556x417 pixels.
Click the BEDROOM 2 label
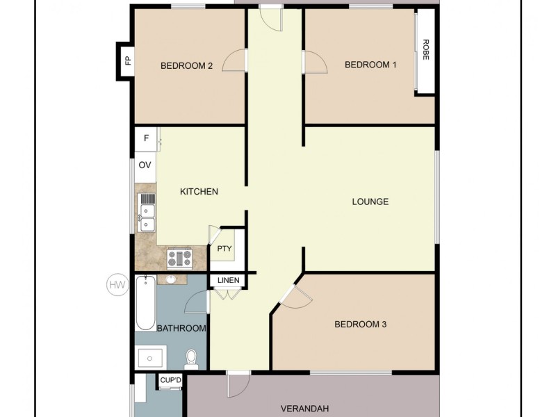click(186, 66)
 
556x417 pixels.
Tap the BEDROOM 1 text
click(370, 65)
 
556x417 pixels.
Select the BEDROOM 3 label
click(360, 324)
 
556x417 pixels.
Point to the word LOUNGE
click(370, 202)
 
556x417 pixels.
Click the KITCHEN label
click(199, 191)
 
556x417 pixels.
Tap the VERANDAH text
click(304, 408)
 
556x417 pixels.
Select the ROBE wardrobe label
click(425, 49)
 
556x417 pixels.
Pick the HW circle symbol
click(117, 284)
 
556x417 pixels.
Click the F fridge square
click(146, 138)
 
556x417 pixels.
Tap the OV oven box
click(145, 165)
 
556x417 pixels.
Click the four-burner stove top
click(180, 259)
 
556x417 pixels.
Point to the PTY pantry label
click(224, 249)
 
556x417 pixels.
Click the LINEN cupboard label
click(229, 280)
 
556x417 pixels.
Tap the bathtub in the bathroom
click(145, 303)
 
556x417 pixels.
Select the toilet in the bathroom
click(192, 359)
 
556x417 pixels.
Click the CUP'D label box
click(170, 380)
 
